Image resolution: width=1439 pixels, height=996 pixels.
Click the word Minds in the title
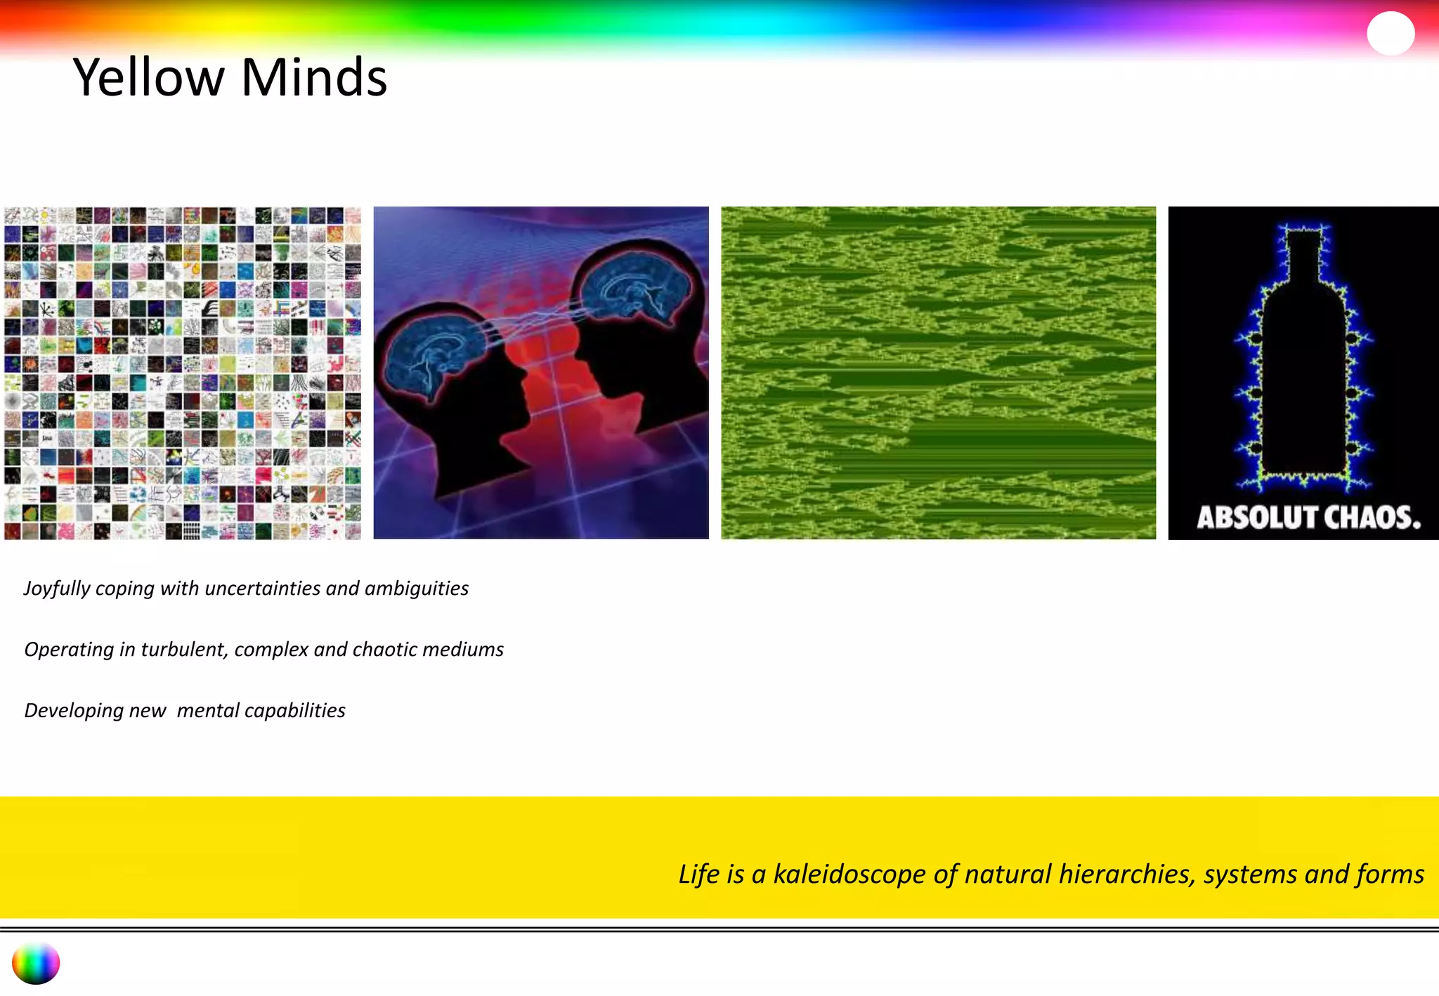314,77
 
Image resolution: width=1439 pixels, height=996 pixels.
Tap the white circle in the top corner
1391,33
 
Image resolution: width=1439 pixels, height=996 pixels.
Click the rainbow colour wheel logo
36,964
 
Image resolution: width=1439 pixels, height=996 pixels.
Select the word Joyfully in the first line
57,589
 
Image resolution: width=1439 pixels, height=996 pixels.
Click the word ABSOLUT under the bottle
1246,518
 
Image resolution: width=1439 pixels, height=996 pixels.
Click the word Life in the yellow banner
699,874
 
